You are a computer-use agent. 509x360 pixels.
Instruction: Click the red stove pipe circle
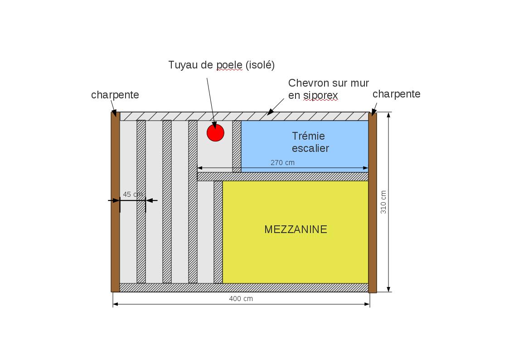pos(215,133)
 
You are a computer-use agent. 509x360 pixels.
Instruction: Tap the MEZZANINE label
pos(296,229)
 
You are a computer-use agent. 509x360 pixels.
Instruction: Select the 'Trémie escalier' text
pos(310,142)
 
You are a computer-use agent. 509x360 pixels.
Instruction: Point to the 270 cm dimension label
pos(282,162)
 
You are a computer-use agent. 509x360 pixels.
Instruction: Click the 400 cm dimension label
pos(241,299)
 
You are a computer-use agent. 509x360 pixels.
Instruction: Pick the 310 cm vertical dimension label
pos(383,202)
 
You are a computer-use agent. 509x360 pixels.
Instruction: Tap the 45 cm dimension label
pos(133,195)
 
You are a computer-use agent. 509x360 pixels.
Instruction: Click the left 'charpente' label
pos(115,95)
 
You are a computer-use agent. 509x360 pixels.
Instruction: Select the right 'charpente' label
pos(396,94)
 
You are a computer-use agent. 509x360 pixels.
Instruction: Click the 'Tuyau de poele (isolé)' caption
pos(221,65)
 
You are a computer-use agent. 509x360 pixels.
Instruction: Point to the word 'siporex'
pos(320,95)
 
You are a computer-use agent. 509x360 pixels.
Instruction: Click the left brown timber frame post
pos(115,202)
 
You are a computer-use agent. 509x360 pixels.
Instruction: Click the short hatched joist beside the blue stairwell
pos(237,146)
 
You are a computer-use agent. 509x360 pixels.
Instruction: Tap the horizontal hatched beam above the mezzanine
pos(282,176)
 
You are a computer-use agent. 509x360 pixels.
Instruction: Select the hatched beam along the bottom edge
pos(244,287)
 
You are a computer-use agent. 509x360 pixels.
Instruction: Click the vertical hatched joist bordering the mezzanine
pos(218,232)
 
